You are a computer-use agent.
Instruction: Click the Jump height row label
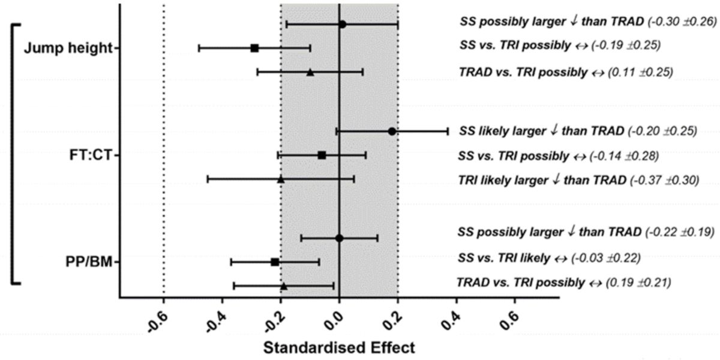pos(68,49)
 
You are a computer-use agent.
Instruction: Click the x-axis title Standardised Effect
pos(339,347)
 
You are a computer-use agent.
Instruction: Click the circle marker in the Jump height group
pos(342,25)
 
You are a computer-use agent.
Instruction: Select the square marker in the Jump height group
pos(254,48)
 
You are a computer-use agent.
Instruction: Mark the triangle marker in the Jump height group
pos(310,72)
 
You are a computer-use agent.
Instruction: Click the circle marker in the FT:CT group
pos(392,131)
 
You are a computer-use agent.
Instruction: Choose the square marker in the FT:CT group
pos(322,155)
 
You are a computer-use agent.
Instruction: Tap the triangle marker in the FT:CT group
pos(280,179)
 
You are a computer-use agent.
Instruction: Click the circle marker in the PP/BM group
pos(339,238)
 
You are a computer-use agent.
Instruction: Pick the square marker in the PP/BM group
pos(275,262)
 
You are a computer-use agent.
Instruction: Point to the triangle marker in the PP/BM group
pos(284,286)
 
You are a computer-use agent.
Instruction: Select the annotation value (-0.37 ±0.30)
pos(664,179)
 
